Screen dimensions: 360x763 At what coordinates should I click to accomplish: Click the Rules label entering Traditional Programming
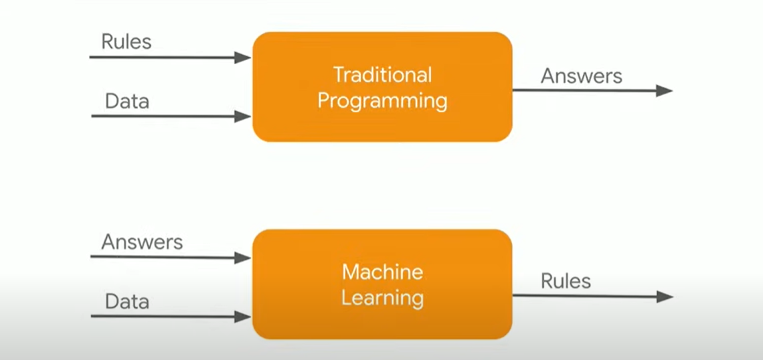point(126,41)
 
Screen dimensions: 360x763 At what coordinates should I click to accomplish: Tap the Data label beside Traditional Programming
point(127,101)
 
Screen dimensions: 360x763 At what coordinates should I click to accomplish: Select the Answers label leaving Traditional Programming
point(581,76)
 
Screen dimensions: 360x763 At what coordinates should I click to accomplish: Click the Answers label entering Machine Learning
point(142,242)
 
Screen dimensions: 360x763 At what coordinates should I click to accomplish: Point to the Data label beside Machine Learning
point(127,302)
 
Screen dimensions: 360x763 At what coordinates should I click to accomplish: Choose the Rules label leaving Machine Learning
point(566,280)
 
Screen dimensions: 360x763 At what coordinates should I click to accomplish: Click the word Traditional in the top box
point(382,74)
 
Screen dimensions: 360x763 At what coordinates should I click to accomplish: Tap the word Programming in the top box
point(382,101)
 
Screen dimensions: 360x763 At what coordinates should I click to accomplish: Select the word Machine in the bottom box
point(382,272)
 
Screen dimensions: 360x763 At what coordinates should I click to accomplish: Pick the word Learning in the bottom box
point(382,298)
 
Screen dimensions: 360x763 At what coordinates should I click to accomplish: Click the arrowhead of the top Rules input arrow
point(244,58)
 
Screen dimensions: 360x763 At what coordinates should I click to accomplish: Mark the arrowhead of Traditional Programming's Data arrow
point(244,117)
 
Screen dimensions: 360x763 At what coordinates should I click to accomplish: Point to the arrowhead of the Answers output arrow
point(665,90)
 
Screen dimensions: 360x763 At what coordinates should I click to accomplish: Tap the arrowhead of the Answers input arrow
point(244,258)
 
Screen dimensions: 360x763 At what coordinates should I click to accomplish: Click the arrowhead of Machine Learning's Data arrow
point(244,317)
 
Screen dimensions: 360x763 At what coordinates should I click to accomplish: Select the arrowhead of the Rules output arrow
point(665,296)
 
